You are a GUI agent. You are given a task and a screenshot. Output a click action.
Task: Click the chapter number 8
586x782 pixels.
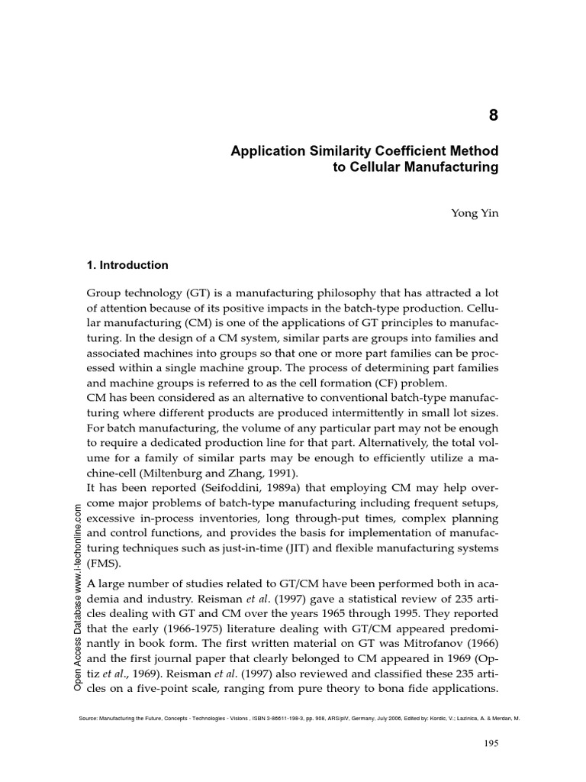coord(493,115)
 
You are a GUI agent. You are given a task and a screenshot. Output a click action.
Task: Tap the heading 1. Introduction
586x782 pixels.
coord(128,265)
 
